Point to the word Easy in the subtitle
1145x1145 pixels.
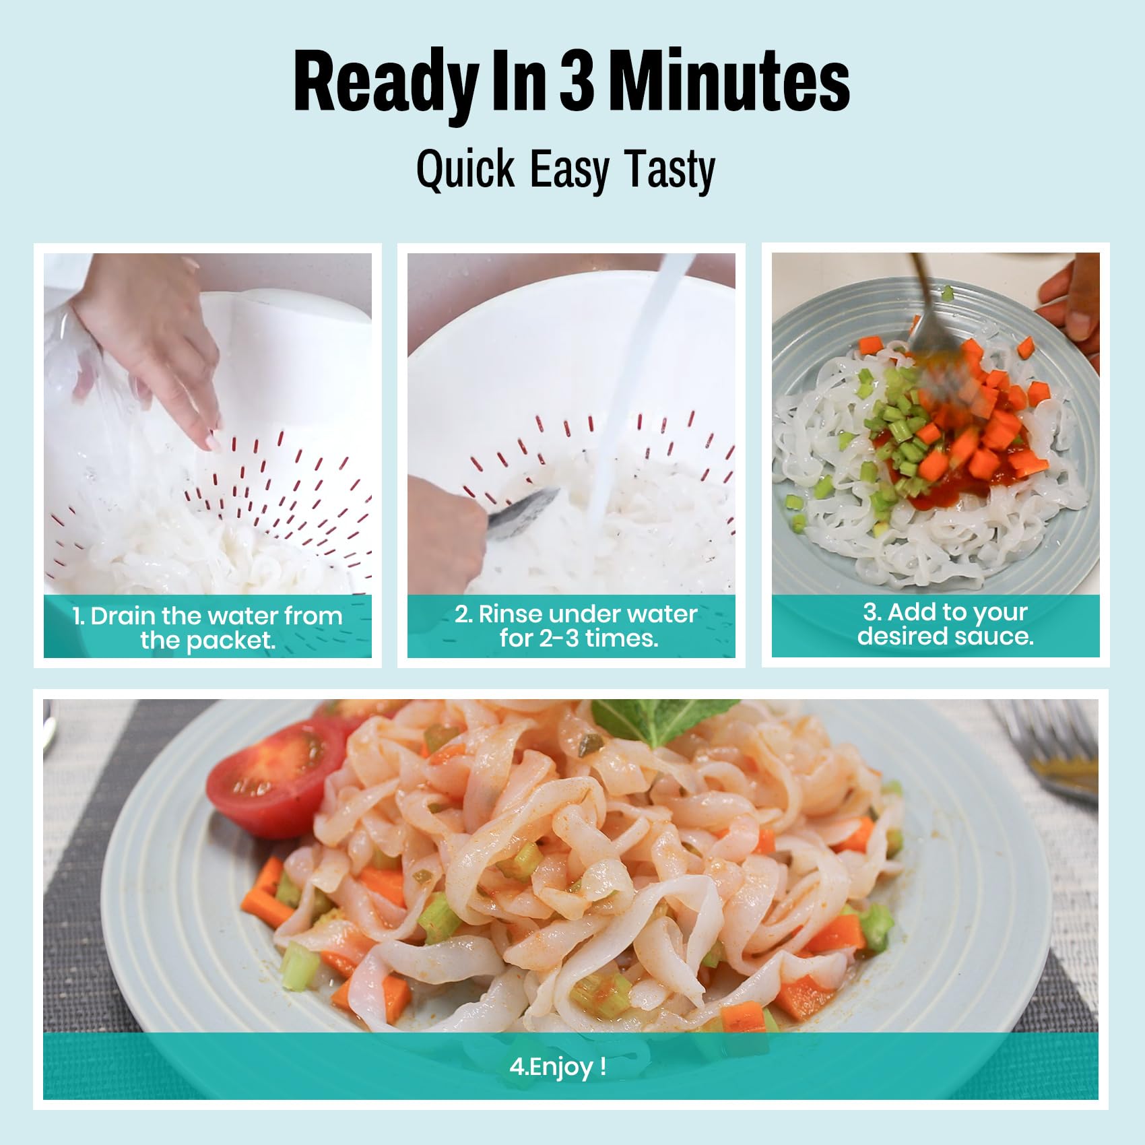570,171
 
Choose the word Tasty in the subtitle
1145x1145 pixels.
669,171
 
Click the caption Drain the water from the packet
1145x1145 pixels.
207,627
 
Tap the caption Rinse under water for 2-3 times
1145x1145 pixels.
577,626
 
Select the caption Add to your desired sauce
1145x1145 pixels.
945,624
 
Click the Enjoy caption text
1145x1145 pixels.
558,1066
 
